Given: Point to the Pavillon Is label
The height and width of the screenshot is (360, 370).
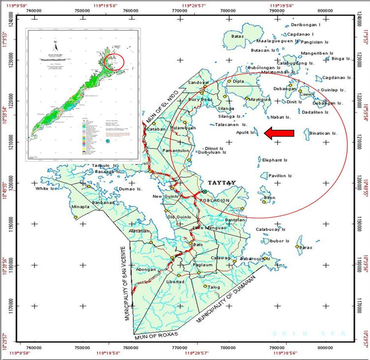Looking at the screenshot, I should point(280,176).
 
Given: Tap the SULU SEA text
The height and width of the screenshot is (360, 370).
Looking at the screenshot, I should point(310,334).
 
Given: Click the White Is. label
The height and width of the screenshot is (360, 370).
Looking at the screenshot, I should point(45,189).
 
